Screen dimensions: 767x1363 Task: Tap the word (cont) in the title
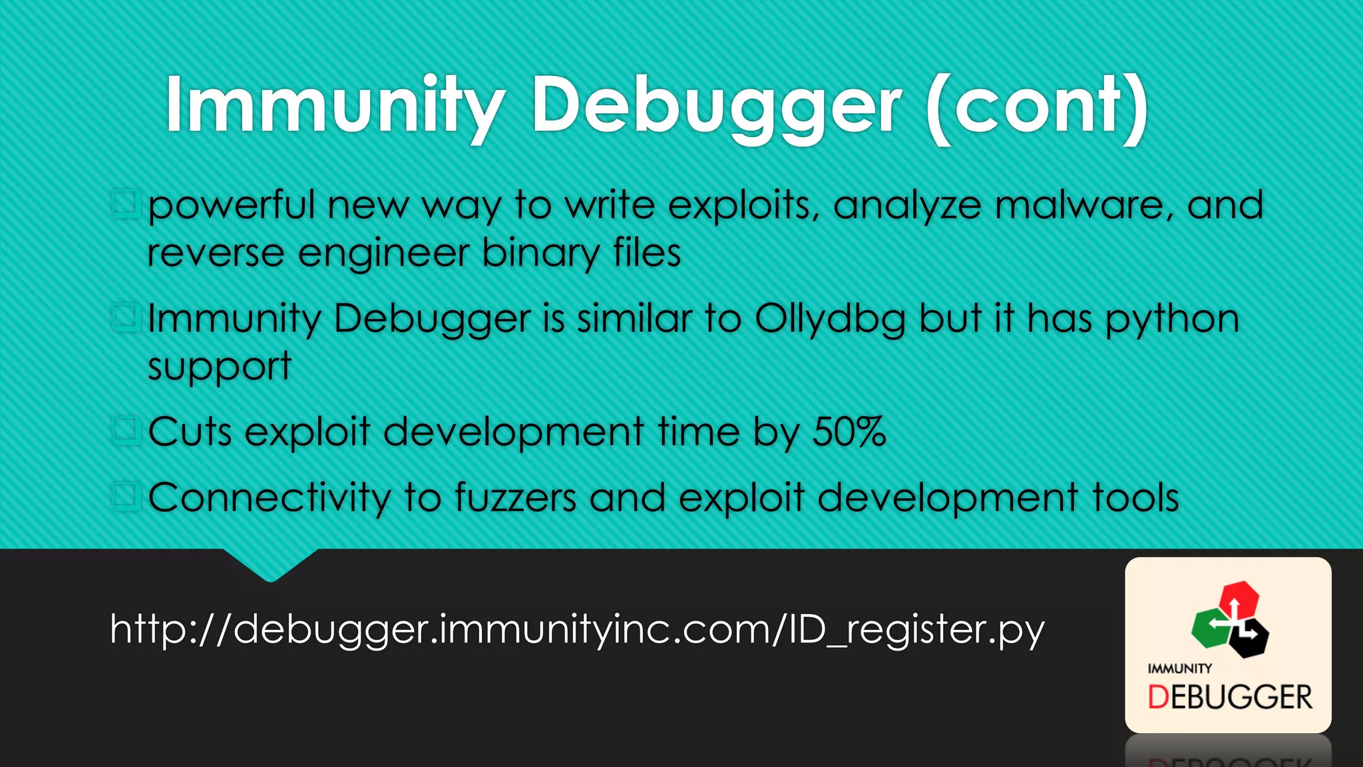[1037, 107]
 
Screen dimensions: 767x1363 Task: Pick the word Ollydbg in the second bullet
[830, 319]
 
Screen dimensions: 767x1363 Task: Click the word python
[1172, 319]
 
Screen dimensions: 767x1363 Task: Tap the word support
[219, 367]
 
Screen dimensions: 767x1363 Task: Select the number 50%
[849, 432]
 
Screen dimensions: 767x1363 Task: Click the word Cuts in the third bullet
[190, 432]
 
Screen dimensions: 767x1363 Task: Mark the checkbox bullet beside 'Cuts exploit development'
[125, 431]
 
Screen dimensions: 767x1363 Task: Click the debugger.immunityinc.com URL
[577, 629]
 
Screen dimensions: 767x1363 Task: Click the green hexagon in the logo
[1210, 627]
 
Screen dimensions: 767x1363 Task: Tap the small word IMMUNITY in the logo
[1179, 668]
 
